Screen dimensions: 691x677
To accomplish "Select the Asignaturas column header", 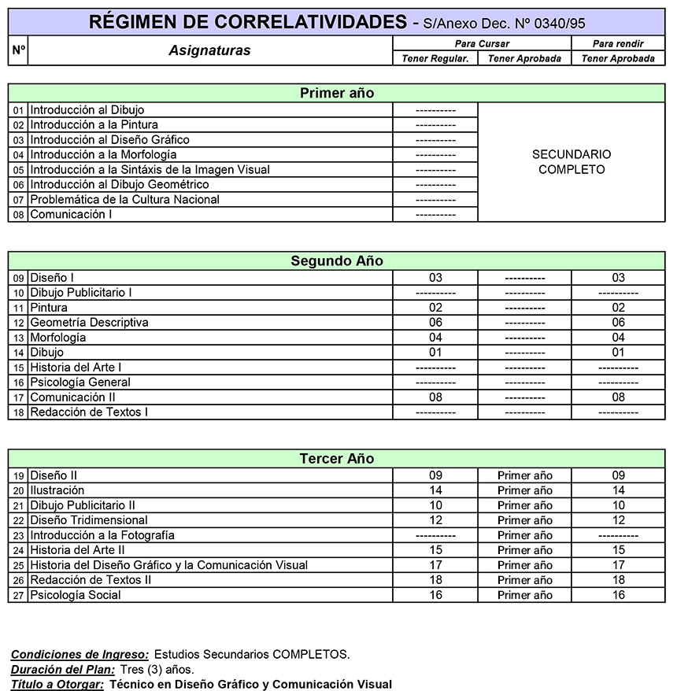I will point(209,50).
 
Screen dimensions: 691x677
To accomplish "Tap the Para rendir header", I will point(618,44).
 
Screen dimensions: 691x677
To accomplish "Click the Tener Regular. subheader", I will point(435,58).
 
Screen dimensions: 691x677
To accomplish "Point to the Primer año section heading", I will point(337,94).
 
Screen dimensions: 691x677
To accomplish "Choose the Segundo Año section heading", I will point(337,261).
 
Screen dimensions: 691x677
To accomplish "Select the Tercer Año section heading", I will point(337,459).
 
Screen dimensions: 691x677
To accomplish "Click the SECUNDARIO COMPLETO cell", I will point(572,162).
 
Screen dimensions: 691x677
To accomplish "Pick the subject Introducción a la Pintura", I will point(94,125).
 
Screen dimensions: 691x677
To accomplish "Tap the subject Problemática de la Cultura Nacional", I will point(124,200).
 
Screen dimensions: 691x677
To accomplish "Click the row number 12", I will point(19,323).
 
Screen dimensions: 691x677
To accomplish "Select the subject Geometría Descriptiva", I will point(89,323).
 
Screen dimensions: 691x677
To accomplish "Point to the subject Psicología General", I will point(80,382).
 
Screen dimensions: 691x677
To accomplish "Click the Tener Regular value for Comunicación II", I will point(435,397).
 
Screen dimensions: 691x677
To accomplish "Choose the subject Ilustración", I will point(57,490).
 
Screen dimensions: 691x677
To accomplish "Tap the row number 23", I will point(19,536).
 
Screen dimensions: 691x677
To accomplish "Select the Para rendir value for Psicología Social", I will point(618,595).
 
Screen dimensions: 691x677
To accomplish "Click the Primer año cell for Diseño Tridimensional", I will point(525,520).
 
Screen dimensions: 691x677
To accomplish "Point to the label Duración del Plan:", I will point(63,670).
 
